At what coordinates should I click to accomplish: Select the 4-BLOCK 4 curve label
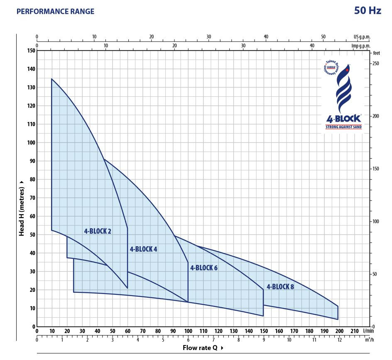[143, 249]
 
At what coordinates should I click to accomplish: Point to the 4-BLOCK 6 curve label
[204, 268]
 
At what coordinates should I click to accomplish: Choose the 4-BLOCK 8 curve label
[280, 286]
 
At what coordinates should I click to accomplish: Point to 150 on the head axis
[31, 50]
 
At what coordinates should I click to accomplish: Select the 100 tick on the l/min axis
[188, 331]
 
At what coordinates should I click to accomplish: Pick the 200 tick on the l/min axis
[339, 331]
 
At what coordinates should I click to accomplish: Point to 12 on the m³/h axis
[339, 340]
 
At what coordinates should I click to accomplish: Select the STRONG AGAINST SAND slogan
[343, 127]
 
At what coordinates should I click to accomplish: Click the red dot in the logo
[347, 70]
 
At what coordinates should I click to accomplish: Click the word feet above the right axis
[377, 53]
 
